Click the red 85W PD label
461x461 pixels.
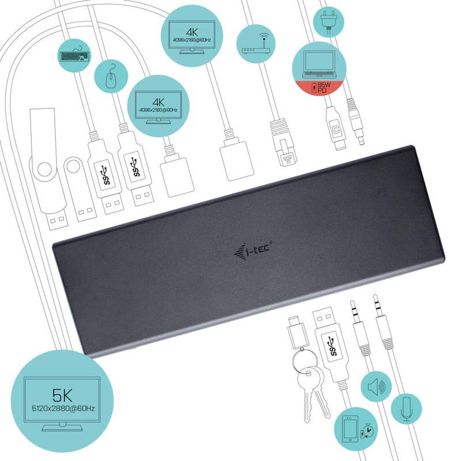coord(319,88)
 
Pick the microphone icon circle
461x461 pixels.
coord(407,407)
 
